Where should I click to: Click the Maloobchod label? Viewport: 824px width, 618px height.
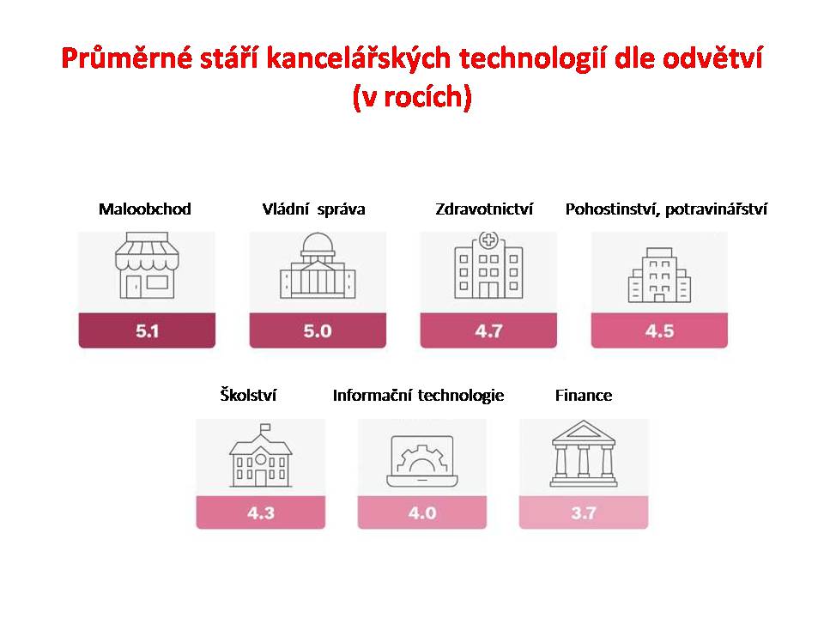[144, 209]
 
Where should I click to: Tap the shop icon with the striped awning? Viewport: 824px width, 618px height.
[147, 265]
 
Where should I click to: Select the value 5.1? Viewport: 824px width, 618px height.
[147, 331]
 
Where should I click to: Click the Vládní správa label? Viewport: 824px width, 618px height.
[313, 209]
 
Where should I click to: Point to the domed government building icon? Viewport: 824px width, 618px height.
[318, 265]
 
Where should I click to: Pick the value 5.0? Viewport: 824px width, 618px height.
[318, 331]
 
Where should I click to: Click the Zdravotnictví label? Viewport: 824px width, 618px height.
[484, 209]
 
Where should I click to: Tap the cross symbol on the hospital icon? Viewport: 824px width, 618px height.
[488, 240]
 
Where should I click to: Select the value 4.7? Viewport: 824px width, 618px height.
[488, 331]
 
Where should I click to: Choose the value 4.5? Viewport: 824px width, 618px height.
[659, 331]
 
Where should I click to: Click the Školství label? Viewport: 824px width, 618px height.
[248, 395]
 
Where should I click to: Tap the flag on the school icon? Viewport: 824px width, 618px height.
[265, 427]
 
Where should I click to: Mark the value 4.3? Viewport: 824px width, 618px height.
[261, 512]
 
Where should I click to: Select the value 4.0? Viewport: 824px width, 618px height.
[422, 512]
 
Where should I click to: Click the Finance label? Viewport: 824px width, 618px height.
[584, 395]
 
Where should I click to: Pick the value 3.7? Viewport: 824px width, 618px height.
[584, 512]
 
